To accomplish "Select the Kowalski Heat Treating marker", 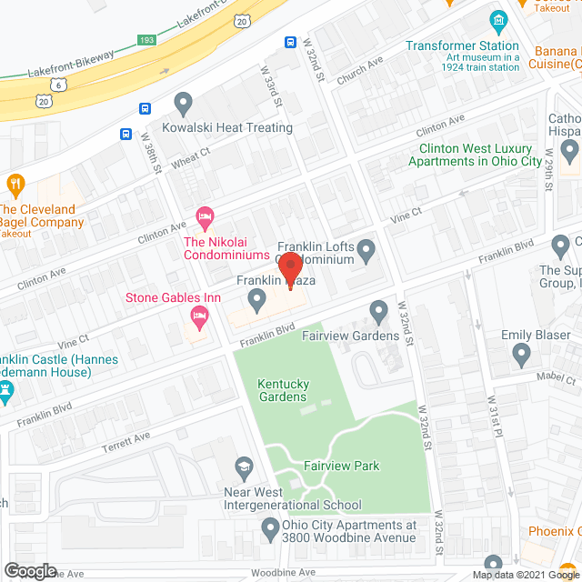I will pyautogui.click(x=185, y=103).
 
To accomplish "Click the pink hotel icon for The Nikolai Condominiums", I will pyautogui.click(x=205, y=216).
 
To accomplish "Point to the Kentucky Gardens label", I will pyautogui.click(x=281, y=389).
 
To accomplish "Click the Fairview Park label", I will pyautogui.click(x=341, y=467).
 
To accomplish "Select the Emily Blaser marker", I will pyautogui.click(x=521, y=353).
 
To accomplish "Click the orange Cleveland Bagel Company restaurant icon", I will pyautogui.click(x=15, y=186).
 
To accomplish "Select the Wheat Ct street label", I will pyautogui.click(x=192, y=162).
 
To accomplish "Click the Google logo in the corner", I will pyautogui.click(x=29, y=570).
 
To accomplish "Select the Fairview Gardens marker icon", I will pyautogui.click(x=379, y=314).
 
